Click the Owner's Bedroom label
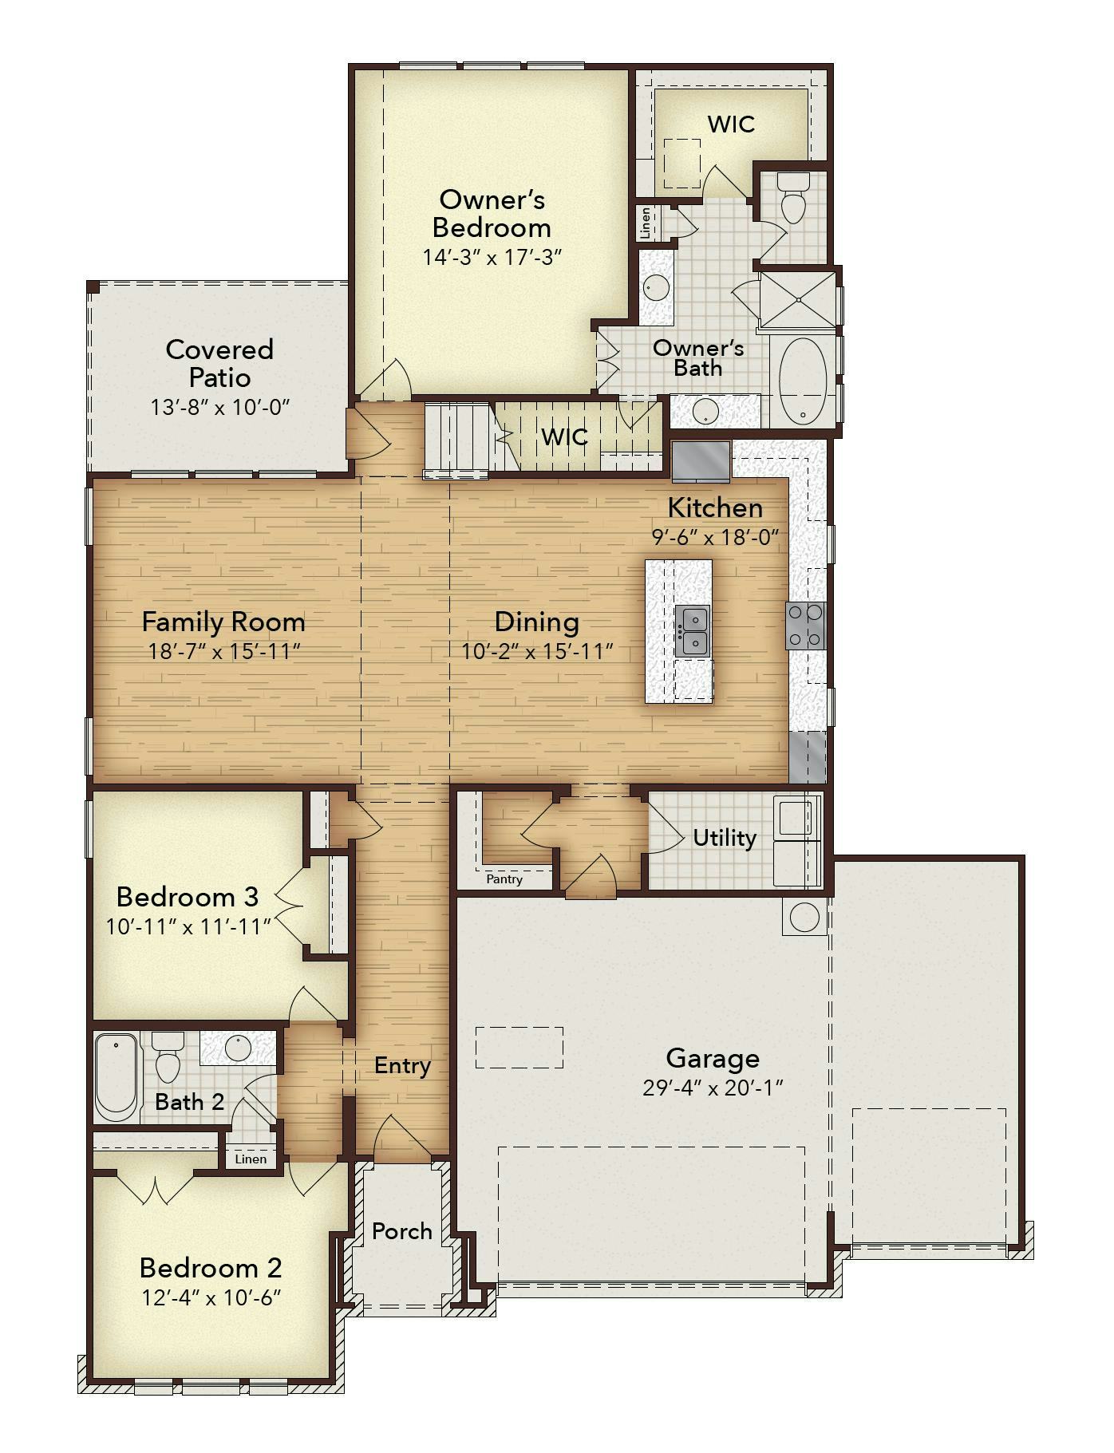coord(492,213)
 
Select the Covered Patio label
coord(219,363)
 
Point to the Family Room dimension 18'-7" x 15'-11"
coord(223,651)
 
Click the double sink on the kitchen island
coord(692,630)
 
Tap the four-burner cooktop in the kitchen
coord(806,625)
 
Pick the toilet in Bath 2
coord(168,1056)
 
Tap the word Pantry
coord(504,879)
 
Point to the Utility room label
coord(724,838)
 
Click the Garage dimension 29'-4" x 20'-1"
coord(713,1088)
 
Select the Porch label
coord(402,1231)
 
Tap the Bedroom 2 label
coord(211,1268)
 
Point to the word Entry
coord(402,1066)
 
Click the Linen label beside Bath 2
coord(251,1159)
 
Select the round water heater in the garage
coord(804,918)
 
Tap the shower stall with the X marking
coord(798,299)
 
